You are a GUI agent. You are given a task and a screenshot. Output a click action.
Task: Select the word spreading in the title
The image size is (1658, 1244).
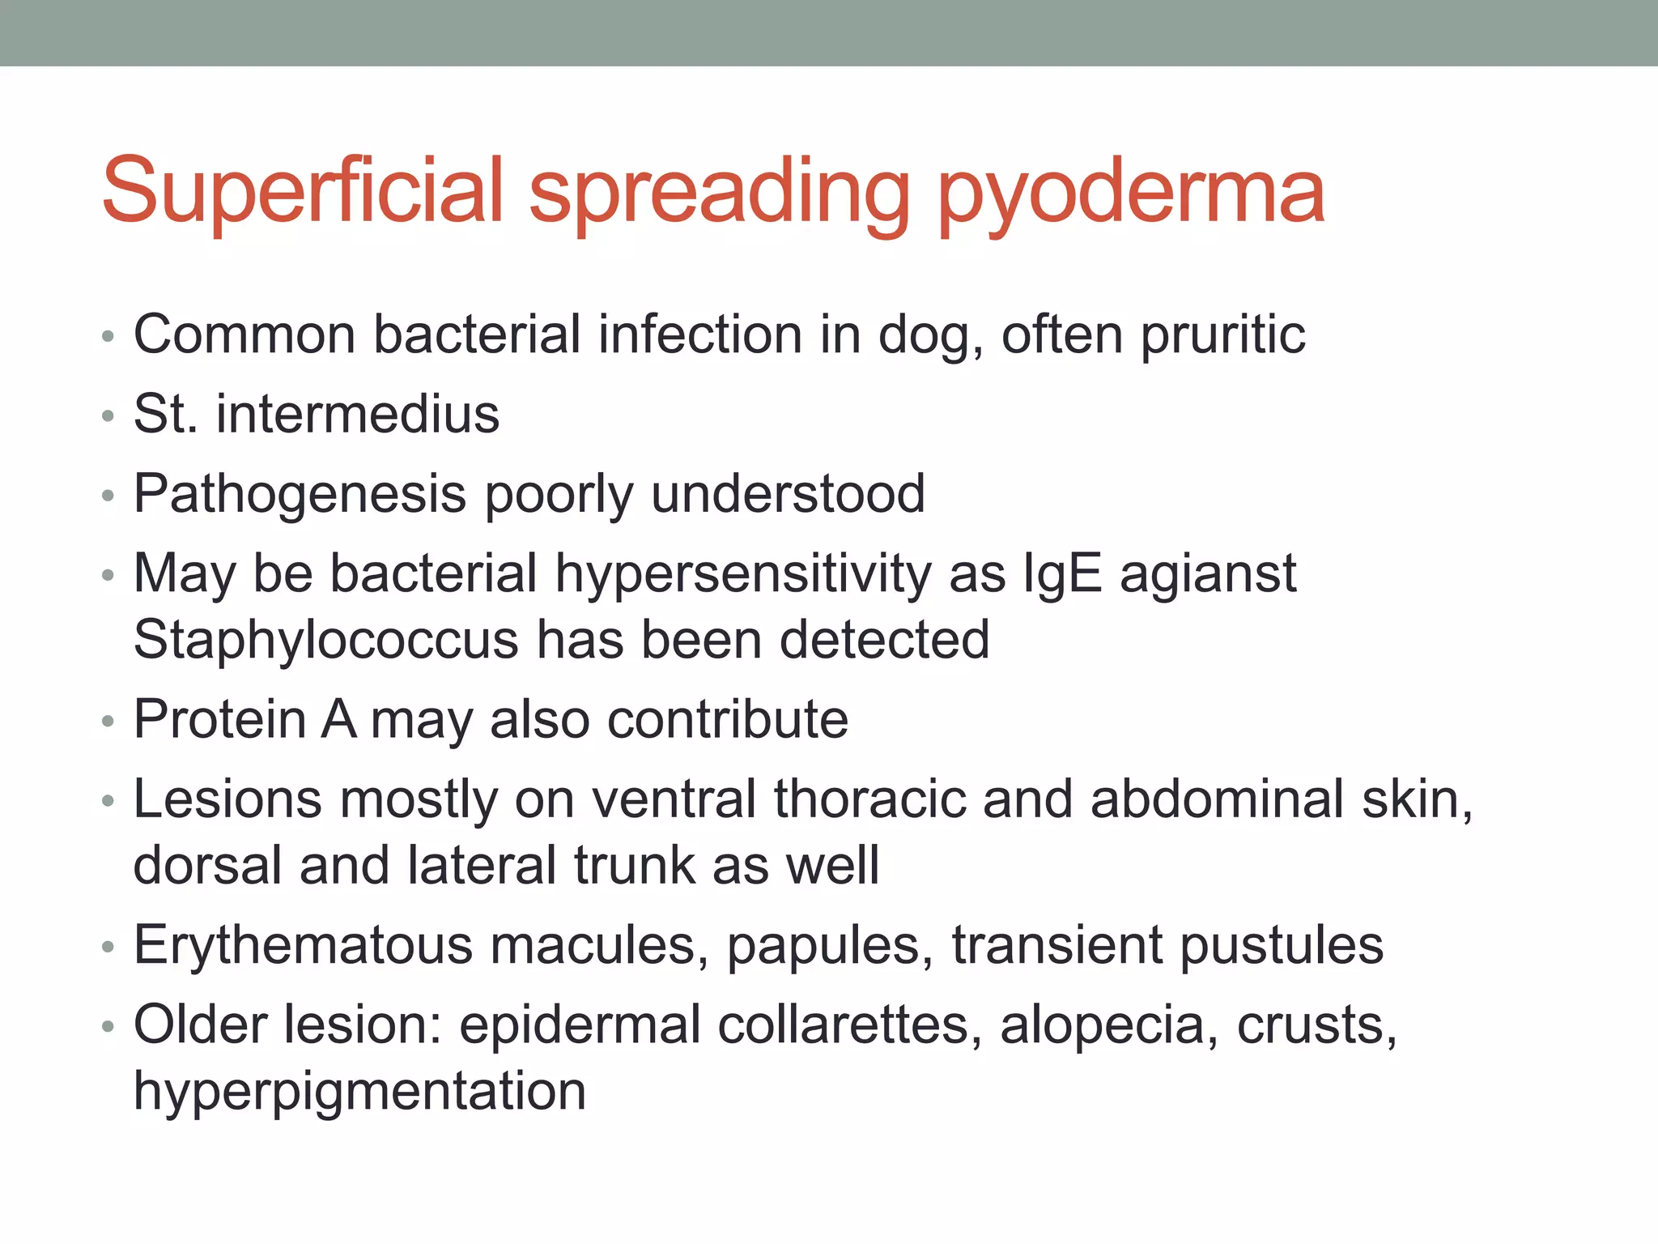click(720, 194)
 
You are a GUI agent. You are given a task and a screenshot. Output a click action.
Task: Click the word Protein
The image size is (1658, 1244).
click(219, 719)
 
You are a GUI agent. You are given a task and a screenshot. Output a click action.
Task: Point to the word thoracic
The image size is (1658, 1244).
click(869, 799)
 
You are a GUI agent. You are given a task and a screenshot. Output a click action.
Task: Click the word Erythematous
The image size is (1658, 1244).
click(302, 945)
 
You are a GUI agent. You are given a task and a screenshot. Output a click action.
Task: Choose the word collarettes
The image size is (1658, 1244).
click(843, 1025)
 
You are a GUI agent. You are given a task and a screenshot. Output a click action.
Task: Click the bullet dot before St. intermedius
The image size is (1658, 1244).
click(108, 417)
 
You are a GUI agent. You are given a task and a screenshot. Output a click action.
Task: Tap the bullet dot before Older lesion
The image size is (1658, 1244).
click(108, 1028)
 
